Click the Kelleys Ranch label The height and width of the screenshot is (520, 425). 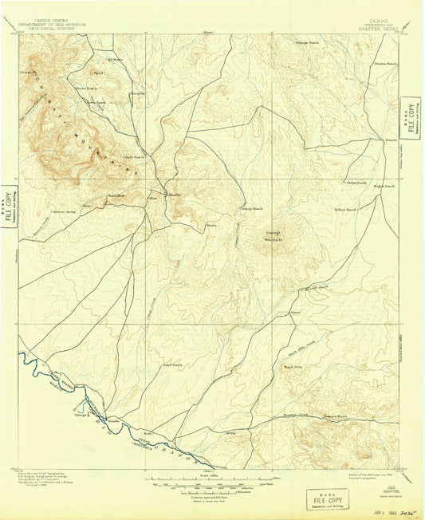344,210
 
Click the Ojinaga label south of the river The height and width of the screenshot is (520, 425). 81,416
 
